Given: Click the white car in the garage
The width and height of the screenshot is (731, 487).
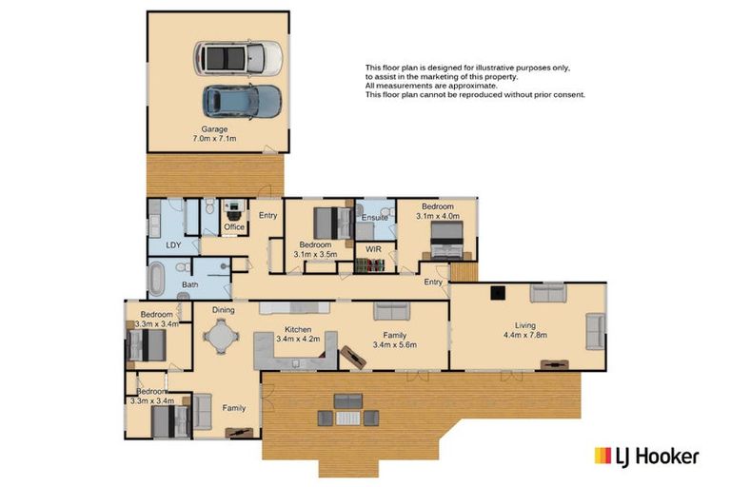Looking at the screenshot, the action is (238, 58).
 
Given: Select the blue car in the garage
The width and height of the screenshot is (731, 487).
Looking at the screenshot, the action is (242, 101).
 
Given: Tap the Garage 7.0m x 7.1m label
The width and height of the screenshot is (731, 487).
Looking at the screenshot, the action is (214, 134).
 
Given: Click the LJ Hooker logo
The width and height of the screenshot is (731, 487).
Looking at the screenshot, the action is (646, 457).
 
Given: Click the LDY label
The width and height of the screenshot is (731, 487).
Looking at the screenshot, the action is (173, 244).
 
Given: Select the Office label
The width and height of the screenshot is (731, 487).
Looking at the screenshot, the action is (234, 227).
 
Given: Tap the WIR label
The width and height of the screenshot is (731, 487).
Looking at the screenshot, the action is (373, 249).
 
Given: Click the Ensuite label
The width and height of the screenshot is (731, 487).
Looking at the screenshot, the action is (375, 217).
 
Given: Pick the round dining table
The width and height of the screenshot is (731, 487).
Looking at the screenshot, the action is (221, 336).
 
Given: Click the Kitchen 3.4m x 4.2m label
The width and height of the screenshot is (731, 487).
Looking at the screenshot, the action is (298, 334).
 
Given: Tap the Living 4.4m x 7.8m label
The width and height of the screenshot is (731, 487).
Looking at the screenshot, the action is (525, 330).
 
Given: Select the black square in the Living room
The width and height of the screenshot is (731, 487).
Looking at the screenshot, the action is (498, 292).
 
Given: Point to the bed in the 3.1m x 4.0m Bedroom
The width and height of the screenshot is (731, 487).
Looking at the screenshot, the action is (447, 240).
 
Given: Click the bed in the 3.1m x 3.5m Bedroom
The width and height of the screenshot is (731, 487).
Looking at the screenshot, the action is (332, 224).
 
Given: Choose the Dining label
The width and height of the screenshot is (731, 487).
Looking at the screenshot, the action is (224, 310).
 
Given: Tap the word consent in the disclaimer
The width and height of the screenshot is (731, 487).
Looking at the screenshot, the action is (570, 94).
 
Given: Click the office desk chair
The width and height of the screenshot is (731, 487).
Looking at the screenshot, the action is (233, 215).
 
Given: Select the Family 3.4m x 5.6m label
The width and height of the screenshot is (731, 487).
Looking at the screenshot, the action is (395, 340).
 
